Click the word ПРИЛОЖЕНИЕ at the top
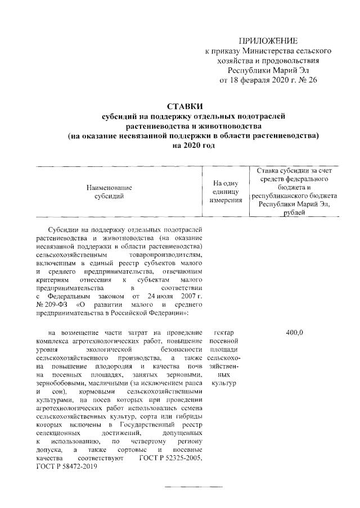click(x=268, y=40)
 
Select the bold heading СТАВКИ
click(x=185, y=106)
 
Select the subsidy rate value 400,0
click(x=295, y=333)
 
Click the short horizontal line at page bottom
click(x=193, y=486)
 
